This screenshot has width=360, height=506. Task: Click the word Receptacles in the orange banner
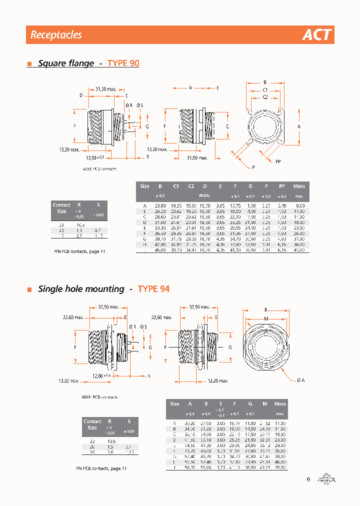point(56,35)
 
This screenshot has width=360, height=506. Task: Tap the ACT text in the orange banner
point(316,35)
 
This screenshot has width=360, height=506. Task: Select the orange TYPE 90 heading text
point(123,63)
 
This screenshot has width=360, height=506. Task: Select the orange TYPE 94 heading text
point(153,289)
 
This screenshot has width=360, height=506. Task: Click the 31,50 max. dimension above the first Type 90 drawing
point(106,89)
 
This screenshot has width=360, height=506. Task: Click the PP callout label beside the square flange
point(278,161)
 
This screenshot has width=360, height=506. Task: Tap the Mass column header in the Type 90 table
point(299,186)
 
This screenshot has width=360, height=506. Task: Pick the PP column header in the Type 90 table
point(282,186)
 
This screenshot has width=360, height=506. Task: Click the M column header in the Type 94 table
point(264,403)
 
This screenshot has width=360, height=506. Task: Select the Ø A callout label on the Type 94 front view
point(300,380)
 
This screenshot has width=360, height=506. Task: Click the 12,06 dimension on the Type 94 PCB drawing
point(99,375)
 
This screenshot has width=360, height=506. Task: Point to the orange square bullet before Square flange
point(29,64)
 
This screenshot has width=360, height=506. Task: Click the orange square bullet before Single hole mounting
point(29,289)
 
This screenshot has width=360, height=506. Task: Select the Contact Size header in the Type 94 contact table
point(92,424)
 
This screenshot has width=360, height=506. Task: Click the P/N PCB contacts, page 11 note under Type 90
point(79,251)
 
